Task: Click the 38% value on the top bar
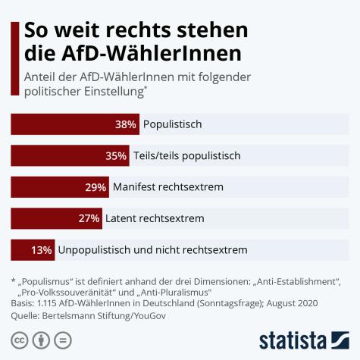point(126,124)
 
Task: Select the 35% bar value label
point(116,155)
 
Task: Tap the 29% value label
point(95,186)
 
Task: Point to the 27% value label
point(89,218)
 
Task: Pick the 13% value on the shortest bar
point(42,249)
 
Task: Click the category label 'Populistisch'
point(173,124)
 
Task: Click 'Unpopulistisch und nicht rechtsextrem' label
point(152,249)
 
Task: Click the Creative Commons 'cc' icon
point(17,337)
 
